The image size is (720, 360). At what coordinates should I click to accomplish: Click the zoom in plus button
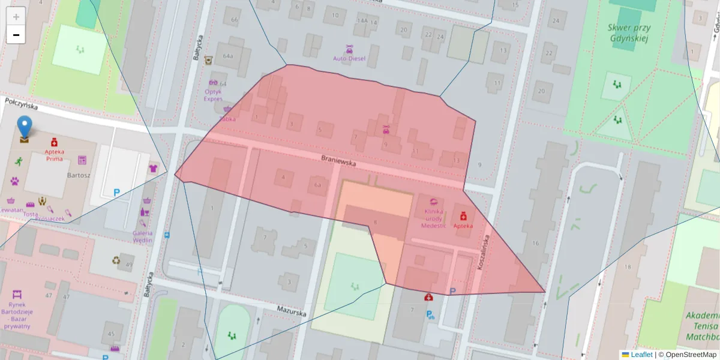point(16,16)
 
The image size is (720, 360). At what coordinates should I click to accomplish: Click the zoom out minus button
point(16,35)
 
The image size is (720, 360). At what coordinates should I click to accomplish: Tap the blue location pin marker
point(24,127)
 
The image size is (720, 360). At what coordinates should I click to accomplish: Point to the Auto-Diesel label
point(349,59)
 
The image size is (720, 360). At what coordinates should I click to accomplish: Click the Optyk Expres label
point(214,95)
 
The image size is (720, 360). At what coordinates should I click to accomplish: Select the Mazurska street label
point(292,311)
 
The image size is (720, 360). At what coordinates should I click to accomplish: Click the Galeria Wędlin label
point(143,236)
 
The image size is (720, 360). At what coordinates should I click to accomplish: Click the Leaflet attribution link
point(641,355)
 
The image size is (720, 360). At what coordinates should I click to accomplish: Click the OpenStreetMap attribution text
point(691,355)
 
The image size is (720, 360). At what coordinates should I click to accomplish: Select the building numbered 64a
point(227,56)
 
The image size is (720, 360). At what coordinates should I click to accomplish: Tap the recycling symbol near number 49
point(116,260)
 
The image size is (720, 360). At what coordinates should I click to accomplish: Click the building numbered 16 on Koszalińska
point(535,242)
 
